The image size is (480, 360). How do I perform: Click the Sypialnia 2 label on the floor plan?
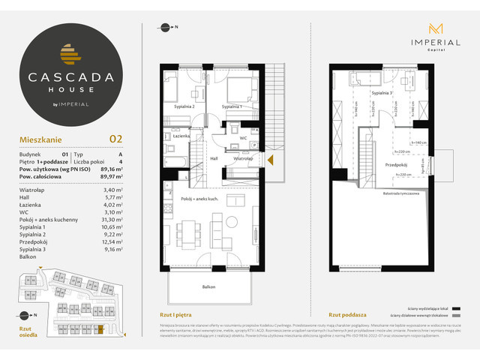[x=184, y=107]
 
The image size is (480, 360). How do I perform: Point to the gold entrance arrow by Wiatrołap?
[x=271, y=158]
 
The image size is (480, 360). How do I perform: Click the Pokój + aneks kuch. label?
[x=199, y=198]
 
